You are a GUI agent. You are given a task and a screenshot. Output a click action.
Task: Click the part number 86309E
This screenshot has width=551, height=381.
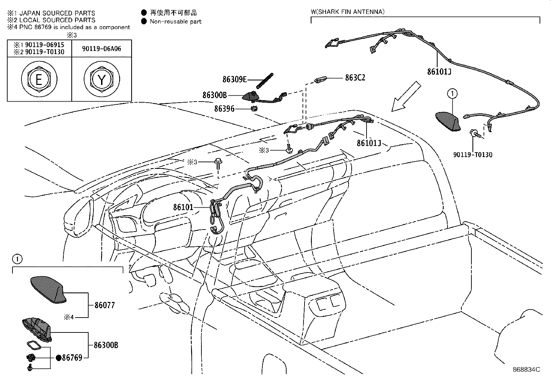coord(234,79)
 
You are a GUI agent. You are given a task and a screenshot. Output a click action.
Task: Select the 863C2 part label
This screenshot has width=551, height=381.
coord(355,78)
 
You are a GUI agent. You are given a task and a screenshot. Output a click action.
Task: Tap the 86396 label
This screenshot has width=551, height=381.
coord(224,109)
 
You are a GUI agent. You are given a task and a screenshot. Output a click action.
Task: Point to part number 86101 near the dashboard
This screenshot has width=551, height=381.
coord(183,207)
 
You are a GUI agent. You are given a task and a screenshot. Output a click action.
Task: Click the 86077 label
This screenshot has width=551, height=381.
coord(105,305)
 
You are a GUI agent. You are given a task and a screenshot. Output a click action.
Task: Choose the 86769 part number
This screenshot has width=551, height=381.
coord(72,357)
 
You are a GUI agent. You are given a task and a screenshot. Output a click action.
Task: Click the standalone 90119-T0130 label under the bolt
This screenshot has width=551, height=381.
coord(472,155)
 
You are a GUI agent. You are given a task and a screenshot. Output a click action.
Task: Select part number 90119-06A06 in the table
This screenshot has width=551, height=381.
coord(101,49)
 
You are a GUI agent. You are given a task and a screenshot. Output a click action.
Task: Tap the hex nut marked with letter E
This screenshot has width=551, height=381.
coord(39,80)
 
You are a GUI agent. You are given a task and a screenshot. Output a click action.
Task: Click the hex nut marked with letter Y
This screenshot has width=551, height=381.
coord(102,80)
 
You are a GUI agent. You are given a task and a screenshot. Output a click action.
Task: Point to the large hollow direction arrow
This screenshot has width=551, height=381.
coord(406,97)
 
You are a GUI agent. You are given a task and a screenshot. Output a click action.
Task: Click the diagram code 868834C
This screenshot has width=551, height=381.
coord(526,370)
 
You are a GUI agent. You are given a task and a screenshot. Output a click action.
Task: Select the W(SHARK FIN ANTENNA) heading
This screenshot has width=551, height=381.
coord(347,12)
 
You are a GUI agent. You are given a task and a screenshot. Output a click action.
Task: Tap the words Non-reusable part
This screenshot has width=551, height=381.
coord(175,21)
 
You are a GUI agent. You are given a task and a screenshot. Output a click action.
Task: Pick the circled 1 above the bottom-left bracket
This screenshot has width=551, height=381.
coord(17,259)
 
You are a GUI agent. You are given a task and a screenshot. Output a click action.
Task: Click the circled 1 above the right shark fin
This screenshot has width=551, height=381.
coord(452,93)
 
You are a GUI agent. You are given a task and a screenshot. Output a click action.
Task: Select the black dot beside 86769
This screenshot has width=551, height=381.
coord(58,357)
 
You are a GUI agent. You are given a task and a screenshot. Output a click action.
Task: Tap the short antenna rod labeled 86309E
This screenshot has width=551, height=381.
coord(265,80)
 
